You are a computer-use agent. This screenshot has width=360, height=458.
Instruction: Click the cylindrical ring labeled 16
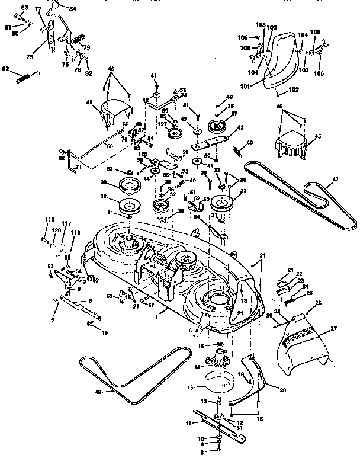pos(223,389)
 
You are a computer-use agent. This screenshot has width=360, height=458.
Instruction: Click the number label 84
pos(73,9)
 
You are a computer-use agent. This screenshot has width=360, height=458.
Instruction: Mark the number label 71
pos(78,168)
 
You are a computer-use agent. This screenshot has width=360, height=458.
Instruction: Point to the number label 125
pos(142,155)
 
